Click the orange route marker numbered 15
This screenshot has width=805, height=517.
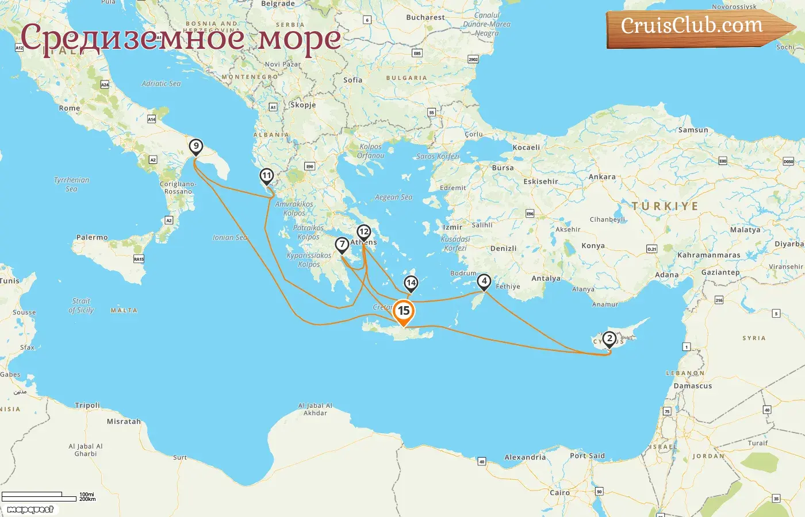[x=404, y=311]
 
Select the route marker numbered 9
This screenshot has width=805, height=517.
[x=196, y=146]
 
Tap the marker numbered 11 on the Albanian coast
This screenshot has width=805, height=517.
[x=266, y=176]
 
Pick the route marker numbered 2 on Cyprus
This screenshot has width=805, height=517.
[x=609, y=338]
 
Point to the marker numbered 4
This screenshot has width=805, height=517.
[x=484, y=281]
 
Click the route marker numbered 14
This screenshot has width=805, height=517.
[x=411, y=283]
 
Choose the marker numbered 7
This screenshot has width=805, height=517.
[x=342, y=245]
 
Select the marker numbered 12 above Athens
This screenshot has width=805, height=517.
[x=363, y=232]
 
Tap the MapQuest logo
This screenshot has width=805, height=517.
[x=30, y=510]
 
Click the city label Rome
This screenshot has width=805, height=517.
[x=70, y=108]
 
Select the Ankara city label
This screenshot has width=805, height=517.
[x=602, y=177]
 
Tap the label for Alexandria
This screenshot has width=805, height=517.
[x=525, y=457]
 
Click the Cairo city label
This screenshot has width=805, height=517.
[x=559, y=492]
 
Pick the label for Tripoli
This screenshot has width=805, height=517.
[x=87, y=405]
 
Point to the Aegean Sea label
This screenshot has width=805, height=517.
[x=393, y=197]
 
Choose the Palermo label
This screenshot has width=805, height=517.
[x=92, y=237]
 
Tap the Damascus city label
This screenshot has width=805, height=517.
[x=693, y=386]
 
